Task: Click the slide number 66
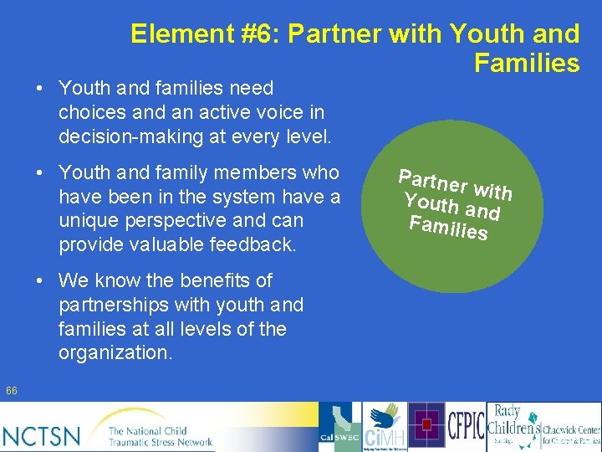[x=11, y=391]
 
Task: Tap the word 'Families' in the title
[x=526, y=63]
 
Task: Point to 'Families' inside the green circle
[x=448, y=227]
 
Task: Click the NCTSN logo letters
[x=42, y=435]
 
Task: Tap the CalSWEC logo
[x=339, y=428]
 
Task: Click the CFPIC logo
[x=466, y=426]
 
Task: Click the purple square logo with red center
[x=426, y=426]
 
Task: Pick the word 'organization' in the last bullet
[x=113, y=353]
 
